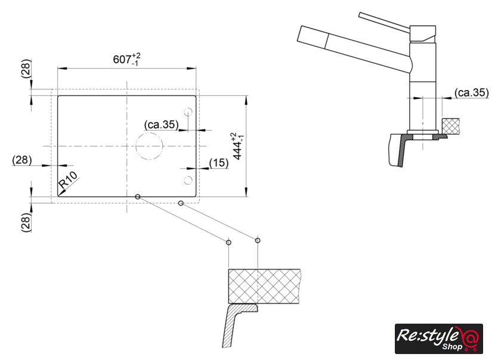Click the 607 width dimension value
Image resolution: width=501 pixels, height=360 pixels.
[x=122, y=60]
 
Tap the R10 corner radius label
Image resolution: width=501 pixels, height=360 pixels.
[x=68, y=181]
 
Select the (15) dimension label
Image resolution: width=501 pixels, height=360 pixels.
[x=219, y=163]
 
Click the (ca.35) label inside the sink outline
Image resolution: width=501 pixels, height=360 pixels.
[x=162, y=124]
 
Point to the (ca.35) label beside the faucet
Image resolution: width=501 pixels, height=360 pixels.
[x=472, y=92]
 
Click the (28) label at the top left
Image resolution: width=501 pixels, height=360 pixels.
[x=26, y=69]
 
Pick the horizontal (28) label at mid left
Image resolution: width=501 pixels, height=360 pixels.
[x=22, y=160]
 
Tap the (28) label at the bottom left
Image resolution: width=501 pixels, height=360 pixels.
[x=26, y=223]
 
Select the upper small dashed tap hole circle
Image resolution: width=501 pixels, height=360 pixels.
[x=188, y=112]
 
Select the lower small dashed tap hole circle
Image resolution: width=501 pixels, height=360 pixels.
[x=188, y=180]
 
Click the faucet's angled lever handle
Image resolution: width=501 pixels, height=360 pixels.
[x=384, y=20]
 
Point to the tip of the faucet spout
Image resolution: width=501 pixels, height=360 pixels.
[x=299, y=33]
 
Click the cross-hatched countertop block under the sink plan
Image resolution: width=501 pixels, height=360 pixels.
[x=264, y=286]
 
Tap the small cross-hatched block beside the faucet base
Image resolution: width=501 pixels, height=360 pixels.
[x=451, y=126]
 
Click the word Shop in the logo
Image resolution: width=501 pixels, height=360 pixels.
[x=452, y=346]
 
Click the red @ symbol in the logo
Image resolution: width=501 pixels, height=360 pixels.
[x=469, y=337]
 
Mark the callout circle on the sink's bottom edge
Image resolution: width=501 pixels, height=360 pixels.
[x=137, y=197]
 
